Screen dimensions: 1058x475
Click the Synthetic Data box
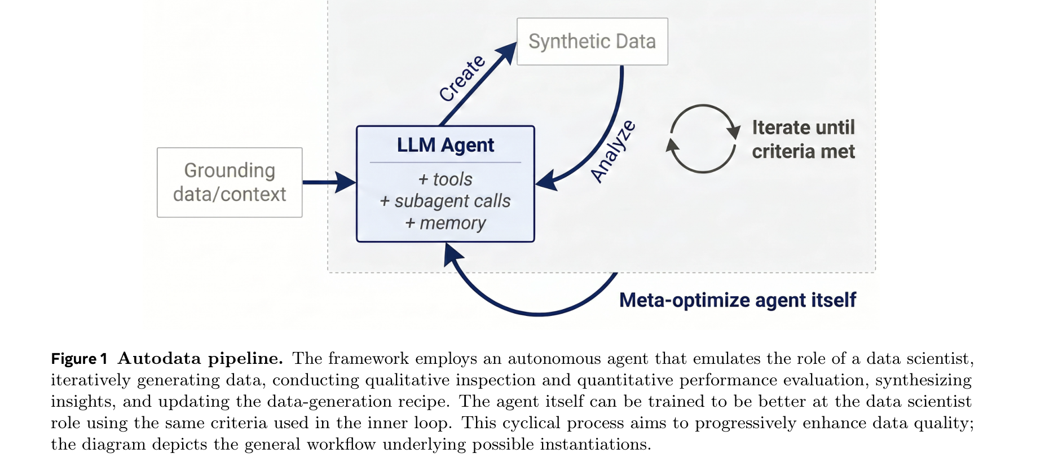pos(592,42)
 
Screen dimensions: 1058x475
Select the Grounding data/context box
pos(230,182)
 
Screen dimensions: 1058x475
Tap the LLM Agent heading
pos(446,145)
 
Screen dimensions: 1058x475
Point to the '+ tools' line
pos(446,179)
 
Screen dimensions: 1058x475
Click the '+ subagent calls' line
pos(446,201)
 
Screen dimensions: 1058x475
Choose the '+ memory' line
pos(446,223)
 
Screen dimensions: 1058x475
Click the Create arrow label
pos(462,78)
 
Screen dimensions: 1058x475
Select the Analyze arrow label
pos(613,151)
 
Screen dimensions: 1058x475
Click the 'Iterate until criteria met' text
pos(804,139)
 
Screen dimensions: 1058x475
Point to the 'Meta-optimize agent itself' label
pos(738,300)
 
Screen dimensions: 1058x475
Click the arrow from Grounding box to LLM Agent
pos(329,182)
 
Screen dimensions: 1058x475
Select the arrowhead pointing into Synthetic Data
pos(507,52)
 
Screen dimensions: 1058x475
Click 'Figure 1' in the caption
pos(79,359)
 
